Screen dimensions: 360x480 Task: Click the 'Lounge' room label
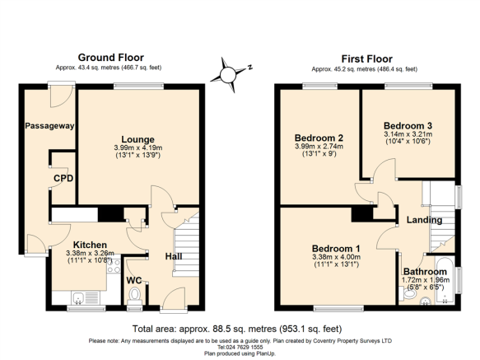point(138,139)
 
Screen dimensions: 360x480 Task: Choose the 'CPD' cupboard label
point(63,178)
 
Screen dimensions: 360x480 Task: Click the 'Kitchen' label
point(91,245)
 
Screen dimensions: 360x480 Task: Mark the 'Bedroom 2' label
point(317,138)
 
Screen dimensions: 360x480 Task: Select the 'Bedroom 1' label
point(335,248)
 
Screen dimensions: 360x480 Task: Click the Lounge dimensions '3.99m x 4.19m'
point(138,148)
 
